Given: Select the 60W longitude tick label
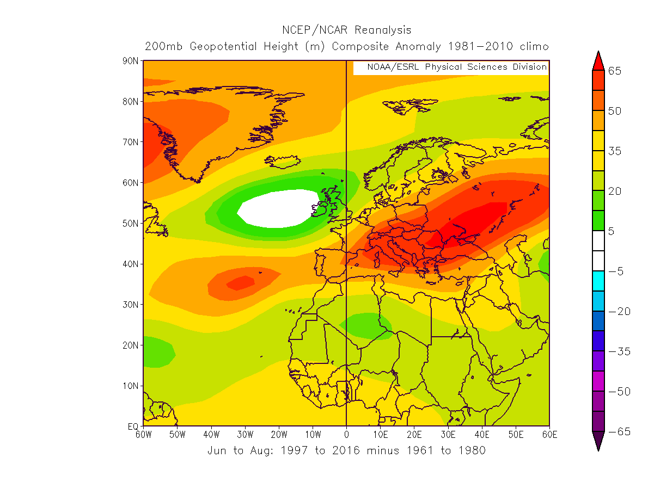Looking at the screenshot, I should (143, 435).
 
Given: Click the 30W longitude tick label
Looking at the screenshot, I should (245, 435).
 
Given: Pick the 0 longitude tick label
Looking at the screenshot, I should (346, 435).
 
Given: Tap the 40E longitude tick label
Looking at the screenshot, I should (482, 435).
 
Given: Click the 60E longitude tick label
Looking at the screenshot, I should (549, 435).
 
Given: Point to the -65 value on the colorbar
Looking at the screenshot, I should (618, 431).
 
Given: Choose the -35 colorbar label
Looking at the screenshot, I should (618, 351).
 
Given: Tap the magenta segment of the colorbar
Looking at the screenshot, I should (598, 381).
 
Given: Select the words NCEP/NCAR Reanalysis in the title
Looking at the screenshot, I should (346, 30).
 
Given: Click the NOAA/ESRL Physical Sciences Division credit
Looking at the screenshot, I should (456, 67).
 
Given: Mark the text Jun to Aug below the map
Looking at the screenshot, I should (233, 450).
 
